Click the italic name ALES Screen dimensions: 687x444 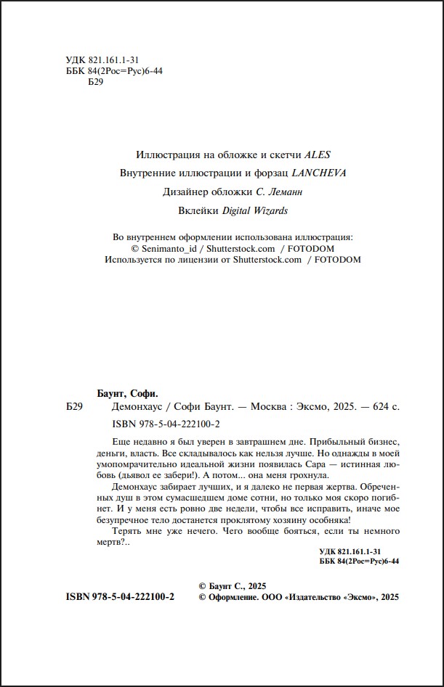[317, 155]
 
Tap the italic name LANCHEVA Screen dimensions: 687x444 [319, 173]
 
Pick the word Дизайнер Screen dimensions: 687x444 [187, 192]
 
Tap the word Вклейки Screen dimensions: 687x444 [198, 211]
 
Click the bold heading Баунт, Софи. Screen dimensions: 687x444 [127, 392]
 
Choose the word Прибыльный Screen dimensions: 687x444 [333, 442]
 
